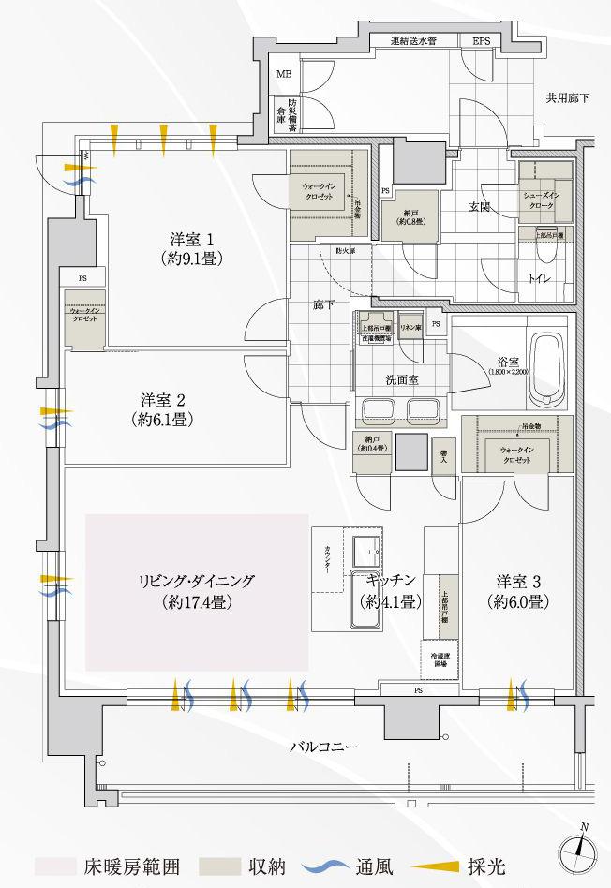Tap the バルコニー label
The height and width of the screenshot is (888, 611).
(323, 747)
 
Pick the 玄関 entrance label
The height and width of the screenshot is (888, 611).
(480, 208)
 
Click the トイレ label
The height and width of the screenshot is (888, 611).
(539, 278)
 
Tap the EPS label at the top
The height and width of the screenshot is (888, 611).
(481, 41)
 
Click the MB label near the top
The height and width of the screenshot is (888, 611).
(283, 72)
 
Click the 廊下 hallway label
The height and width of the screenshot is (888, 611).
(324, 305)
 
